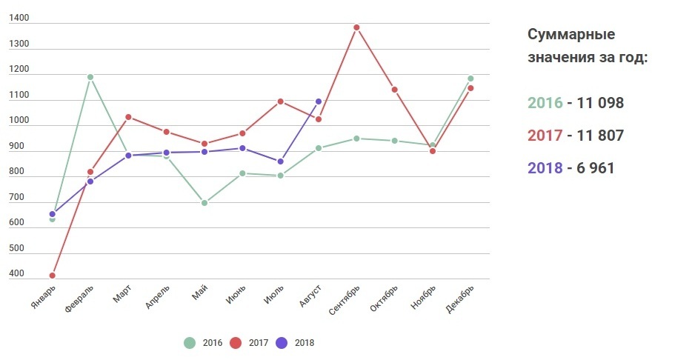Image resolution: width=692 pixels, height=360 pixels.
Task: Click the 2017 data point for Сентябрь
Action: tap(356, 27)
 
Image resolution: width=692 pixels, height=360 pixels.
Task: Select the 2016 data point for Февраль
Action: tap(90, 77)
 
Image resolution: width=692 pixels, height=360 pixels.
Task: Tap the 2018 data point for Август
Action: tap(319, 101)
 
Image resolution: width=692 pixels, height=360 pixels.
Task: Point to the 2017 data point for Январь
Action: tap(52, 276)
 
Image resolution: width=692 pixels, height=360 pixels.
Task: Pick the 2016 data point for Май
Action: tap(204, 203)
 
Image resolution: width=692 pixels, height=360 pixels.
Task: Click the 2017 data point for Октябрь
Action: tap(394, 90)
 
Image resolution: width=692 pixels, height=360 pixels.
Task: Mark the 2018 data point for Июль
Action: tap(280, 161)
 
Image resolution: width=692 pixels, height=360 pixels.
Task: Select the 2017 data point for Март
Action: tap(128, 117)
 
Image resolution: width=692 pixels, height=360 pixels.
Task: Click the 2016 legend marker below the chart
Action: tap(190, 343)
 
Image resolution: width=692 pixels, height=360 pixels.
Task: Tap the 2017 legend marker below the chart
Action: tap(236, 343)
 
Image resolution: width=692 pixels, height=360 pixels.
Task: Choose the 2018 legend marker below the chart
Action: tap(281, 343)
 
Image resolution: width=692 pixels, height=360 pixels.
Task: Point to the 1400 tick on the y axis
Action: tap(19, 19)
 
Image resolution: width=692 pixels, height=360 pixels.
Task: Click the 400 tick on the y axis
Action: tap(17, 274)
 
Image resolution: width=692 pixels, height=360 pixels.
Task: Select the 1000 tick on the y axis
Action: tap(19, 121)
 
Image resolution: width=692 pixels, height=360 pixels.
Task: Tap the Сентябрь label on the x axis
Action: tap(345, 299)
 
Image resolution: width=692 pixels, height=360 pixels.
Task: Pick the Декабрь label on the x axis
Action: tap(460, 299)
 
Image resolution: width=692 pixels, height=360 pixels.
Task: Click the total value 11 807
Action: tap(596, 136)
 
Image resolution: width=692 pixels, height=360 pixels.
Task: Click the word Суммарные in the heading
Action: tap(571, 35)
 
